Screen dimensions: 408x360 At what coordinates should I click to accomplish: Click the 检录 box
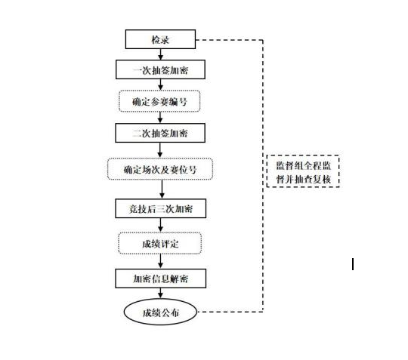tap(160, 39)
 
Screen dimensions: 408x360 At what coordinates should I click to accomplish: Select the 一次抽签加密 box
tap(160, 69)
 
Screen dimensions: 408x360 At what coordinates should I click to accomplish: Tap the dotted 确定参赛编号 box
tap(159, 101)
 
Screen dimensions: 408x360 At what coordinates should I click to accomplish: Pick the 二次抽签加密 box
tap(160, 133)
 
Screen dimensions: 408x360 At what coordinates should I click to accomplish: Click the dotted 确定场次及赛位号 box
tap(160, 169)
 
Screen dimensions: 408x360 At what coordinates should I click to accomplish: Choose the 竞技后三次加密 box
tap(160, 208)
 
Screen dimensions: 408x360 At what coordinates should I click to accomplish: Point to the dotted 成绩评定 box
tap(160, 243)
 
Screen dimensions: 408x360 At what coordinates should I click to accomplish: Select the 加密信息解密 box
tap(160, 278)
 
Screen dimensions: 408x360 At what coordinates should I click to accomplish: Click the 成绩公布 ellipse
tap(160, 312)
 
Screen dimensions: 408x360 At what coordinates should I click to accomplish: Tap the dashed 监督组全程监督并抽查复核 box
tap(303, 171)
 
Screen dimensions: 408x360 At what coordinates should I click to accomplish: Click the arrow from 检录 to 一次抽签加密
tap(160, 54)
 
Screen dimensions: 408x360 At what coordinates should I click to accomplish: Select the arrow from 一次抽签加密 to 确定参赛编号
tap(160, 85)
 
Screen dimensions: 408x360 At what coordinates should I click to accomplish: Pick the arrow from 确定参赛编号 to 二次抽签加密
tap(160, 118)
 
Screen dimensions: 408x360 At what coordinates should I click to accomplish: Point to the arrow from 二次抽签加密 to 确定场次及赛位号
tap(160, 150)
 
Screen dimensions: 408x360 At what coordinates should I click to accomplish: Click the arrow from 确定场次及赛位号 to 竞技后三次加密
tap(162, 189)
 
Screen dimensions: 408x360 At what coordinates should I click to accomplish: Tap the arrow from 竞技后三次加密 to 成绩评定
tap(160, 225)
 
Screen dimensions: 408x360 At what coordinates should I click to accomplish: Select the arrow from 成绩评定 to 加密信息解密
tap(160, 261)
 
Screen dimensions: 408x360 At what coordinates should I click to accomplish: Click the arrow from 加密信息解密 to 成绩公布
tap(160, 293)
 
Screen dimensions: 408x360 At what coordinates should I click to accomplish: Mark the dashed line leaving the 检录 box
tap(263, 176)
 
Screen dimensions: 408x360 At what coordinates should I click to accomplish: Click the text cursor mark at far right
tap(353, 264)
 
